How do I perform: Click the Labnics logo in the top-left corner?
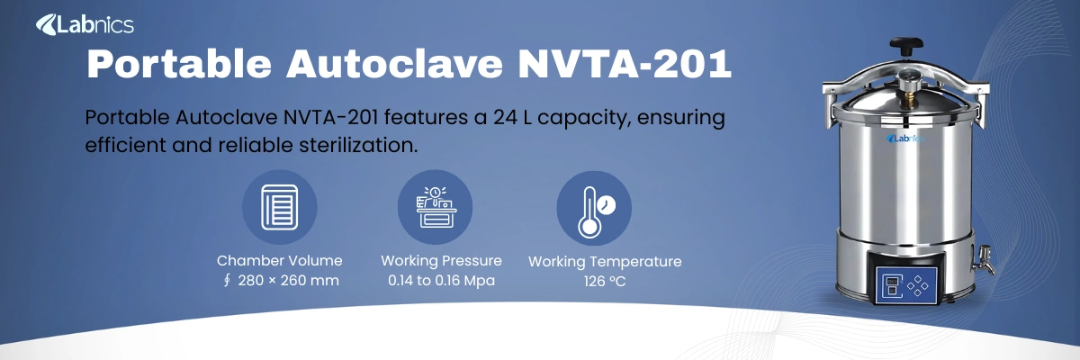85,25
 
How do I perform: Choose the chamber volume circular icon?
279,208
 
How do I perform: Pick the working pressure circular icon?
435,208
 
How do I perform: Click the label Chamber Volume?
279,261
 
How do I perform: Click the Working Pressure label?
441,261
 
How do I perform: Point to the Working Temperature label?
604,262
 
